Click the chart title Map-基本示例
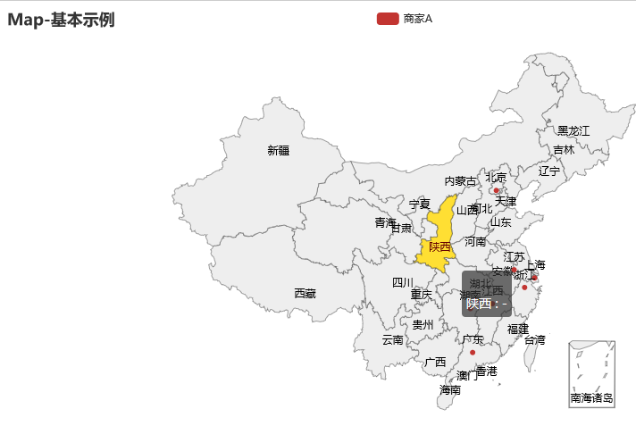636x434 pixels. [61, 19]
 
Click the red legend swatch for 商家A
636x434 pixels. [387, 19]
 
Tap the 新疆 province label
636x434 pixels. [278, 151]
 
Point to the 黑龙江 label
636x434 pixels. [573, 131]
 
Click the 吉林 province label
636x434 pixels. [564, 150]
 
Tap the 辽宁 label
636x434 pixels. [549, 171]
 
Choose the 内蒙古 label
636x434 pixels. [461, 181]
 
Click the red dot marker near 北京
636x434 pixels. [496, 190]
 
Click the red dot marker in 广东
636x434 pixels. [473, 352]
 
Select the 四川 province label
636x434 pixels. [403, 283]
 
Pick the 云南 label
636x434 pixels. [392, 340]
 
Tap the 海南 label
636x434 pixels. [450, 390]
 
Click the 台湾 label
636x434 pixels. [534, 340]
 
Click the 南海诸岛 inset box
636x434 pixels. [591, 373]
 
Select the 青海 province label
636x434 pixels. [385, 222]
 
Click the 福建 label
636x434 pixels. [517, 329]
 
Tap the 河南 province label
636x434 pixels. [475, 242]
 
